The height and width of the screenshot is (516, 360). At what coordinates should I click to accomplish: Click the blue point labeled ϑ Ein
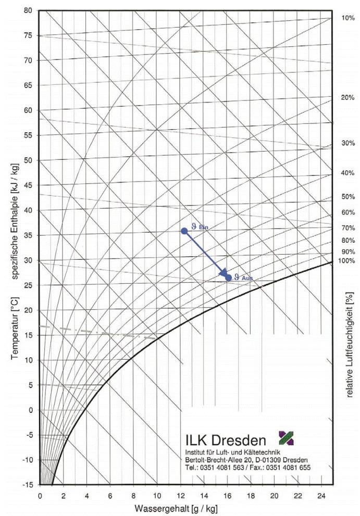(x=184, y=231)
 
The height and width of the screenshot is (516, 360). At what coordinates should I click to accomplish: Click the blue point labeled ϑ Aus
(x=228, y=278)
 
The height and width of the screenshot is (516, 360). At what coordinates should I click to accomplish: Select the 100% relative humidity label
(x=347, y=261)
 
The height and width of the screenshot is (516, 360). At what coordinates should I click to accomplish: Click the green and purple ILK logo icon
(x=286, y=438)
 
